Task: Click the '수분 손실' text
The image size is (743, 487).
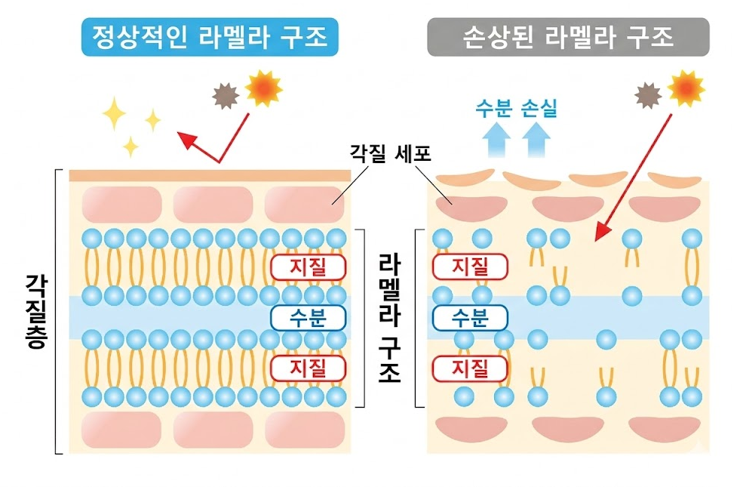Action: tap(516, 109)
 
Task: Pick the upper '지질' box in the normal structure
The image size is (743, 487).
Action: tap(308, 267)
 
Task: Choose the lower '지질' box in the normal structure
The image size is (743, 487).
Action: tap(308, 368)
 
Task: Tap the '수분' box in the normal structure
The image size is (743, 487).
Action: tap(308, 317)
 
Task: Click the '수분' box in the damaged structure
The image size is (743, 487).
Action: tap(469, 317)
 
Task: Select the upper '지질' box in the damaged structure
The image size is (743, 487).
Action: tap(469, 267)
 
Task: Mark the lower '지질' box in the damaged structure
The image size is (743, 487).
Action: tap(469, 368)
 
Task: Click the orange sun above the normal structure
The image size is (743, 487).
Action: tap(263, 88)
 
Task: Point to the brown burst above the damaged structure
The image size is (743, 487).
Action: tap(648, 95)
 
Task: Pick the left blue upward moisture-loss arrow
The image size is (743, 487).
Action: tap(496, 139)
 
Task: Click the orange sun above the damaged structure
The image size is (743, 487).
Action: tap(686, 88)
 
